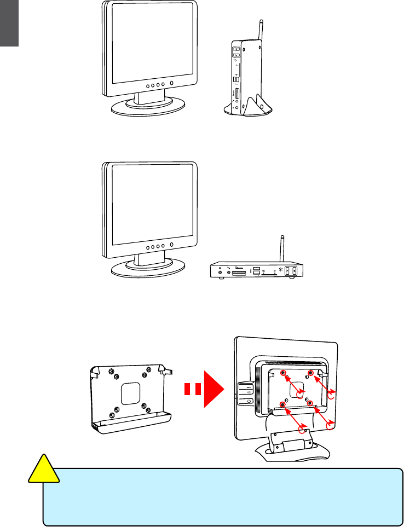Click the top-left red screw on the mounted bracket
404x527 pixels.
point(284,373)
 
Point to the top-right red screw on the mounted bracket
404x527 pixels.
point(311,373)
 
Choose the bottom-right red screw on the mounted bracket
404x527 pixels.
point(310,403)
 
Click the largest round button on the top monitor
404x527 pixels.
point(172,84)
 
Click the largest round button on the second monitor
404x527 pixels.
point(172,246)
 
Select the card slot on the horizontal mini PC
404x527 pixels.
point(240,271)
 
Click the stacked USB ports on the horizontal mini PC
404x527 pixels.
point(256,270)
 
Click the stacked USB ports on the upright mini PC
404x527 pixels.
point(236,80)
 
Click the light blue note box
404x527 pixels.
point(222,496)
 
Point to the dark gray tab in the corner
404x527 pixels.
point(9,23)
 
